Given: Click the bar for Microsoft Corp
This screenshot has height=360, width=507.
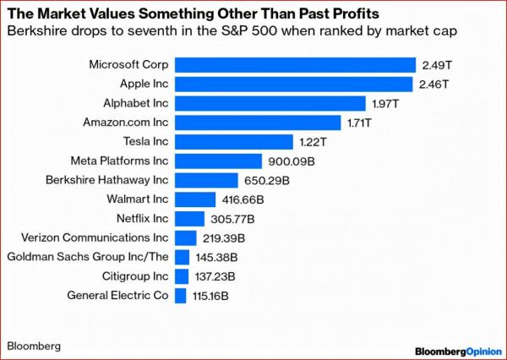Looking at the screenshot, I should (x=295, y=64).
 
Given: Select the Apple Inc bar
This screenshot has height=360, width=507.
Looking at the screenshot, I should (x=293, y=84).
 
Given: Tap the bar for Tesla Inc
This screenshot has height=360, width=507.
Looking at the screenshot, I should (x=233, y=141).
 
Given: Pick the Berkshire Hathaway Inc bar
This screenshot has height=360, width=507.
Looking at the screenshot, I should (x=206, y=180).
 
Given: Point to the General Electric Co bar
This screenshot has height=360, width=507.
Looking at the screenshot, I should (x=180, y=296).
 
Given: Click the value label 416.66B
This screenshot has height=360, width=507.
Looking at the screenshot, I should (x=243, y=199).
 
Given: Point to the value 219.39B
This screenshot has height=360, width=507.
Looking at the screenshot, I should (x=223, y=238).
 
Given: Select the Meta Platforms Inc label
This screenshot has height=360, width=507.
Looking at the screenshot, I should (x=120, y=161).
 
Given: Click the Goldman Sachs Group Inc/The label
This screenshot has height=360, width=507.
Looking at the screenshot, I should (x=88, y=257).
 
